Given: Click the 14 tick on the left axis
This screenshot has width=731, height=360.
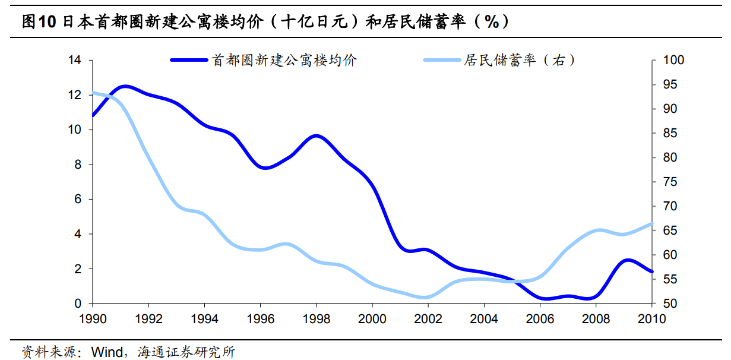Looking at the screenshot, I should pyautogui.click(x=75, y=60).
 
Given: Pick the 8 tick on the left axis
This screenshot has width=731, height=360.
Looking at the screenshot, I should pyautogui.click(x=78, y=165).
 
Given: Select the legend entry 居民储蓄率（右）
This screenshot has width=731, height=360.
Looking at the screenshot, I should pyautogui.click(x=519, y=60).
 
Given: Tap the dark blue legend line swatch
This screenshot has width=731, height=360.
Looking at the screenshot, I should pyautogui.click(x=189, y=60).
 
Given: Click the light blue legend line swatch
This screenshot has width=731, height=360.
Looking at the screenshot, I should pyautogui.click(x=442, y=60).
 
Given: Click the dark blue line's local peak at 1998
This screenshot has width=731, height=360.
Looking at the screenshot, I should pyautogui.click(x=317, y=136).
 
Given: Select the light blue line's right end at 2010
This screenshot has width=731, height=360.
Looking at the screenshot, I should pyautogui.click(x=652, y=224).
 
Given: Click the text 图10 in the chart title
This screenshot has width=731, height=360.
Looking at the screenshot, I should pyautogui.click(x=38, y=22).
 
